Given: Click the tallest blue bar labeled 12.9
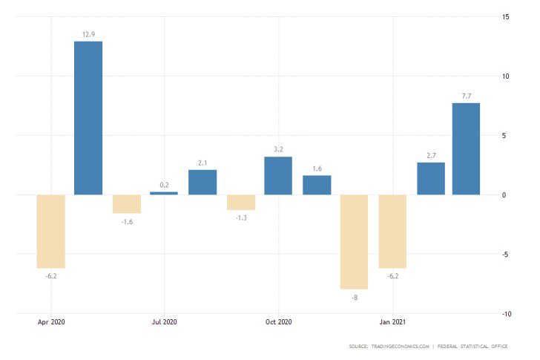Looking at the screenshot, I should (88, 117).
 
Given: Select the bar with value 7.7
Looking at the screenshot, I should (466, 148).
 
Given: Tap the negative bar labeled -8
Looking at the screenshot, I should (354, 241).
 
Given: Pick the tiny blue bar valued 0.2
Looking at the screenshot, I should (164, 193).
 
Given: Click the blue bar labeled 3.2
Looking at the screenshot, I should (278, 175).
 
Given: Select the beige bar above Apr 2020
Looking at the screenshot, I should (50, 231).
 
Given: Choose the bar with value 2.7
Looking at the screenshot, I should (431, 178).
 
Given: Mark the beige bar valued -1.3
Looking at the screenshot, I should (240, 202).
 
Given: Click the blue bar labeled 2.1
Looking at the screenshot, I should (202, 182).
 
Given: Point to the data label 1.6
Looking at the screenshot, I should (317, 168).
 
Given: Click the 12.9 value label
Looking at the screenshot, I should (88, 34).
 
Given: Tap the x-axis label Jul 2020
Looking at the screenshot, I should (164, 322).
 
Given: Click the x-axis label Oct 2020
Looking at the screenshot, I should (278, 322).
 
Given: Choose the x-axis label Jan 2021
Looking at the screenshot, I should (392, 322).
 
